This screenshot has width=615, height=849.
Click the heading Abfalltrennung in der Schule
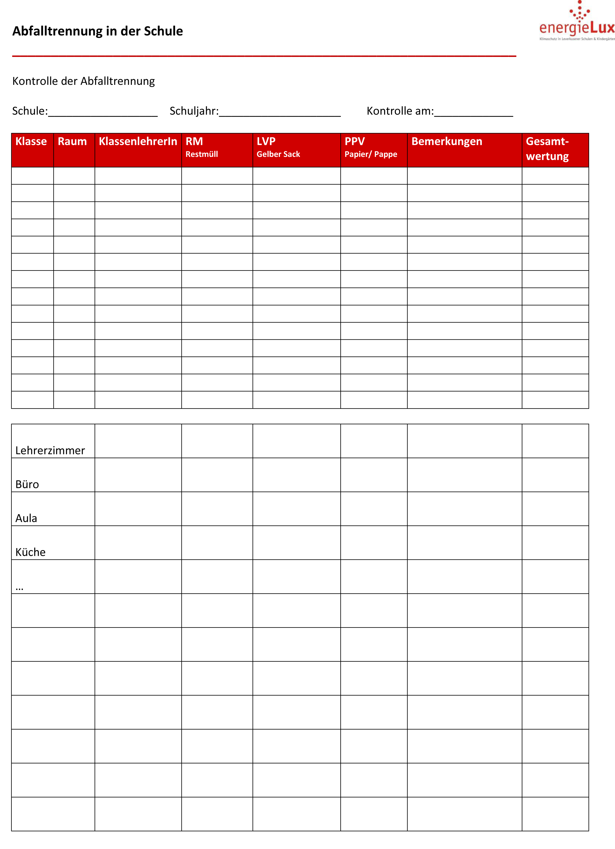coord(97,31)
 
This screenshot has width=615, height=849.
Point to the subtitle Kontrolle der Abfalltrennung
coord(84,81)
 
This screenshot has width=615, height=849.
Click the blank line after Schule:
coord(103,113)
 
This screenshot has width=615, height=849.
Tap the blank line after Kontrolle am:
coord(474,113)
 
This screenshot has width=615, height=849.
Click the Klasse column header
coord(31,141)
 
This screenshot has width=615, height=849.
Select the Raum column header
coord(72,141)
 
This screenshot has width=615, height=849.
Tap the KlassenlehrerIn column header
coord(138,141)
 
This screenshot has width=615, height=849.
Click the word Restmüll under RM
coord(202,154)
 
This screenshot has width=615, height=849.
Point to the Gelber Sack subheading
coord(278,154)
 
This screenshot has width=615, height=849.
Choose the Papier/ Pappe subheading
coord(371,154)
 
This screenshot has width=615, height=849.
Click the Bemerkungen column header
coord(447,141)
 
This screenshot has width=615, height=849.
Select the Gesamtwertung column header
coord(547,149)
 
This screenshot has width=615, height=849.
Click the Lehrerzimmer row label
coord(50,450)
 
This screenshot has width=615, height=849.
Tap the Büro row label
coord(27,484)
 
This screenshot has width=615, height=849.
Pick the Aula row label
coord(26,518)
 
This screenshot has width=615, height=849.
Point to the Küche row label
coord(30,552)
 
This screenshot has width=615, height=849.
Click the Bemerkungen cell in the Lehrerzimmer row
coord(464,441)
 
